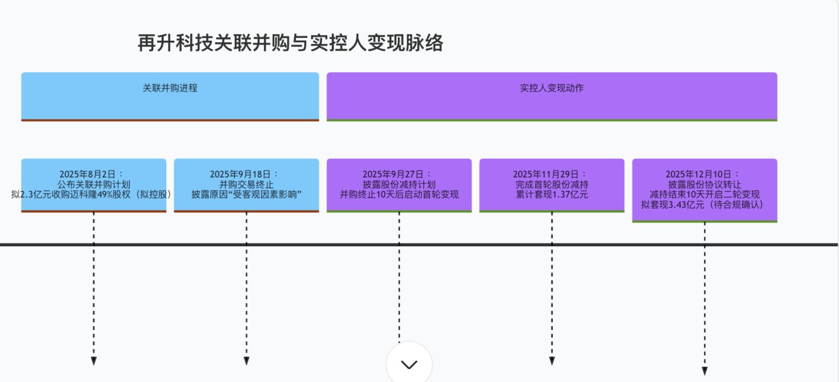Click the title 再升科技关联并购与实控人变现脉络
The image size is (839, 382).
click(290, 43)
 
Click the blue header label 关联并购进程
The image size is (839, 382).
click(170, 88)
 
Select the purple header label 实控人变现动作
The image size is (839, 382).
click(552, 88)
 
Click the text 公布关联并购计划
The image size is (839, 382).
click(94, 184)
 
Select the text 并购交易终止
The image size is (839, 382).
click(246, 184)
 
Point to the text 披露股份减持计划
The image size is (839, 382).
click(399, 184)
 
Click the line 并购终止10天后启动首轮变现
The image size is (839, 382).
click(399, 195)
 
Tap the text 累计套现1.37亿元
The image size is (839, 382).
click(552, 195)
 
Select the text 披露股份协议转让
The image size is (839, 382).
click(705, 184)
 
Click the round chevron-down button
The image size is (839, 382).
click(409, 364)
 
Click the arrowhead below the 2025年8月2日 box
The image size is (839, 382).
click(94, 361)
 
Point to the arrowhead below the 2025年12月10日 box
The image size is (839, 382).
click(705, 371)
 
